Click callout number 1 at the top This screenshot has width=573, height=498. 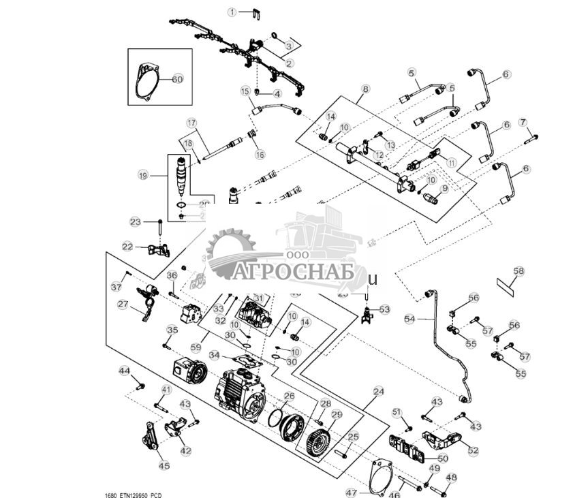[232, 12]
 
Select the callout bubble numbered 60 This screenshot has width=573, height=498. [177, 79]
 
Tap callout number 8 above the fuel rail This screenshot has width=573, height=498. [365, 89]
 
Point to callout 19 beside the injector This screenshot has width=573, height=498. [143, 175]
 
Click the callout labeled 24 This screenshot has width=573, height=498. [379, 392]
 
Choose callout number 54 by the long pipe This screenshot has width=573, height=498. [409, 318]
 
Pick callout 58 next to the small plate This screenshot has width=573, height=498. [518, 271]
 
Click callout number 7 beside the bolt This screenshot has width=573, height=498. [523, 123]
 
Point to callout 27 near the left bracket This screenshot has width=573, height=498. [123, 305]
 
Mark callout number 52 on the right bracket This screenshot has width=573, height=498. [473, 450]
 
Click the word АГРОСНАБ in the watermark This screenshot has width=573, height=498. [296, 273]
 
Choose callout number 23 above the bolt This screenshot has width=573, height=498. [136, 221]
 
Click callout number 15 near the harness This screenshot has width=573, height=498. [245, 91]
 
